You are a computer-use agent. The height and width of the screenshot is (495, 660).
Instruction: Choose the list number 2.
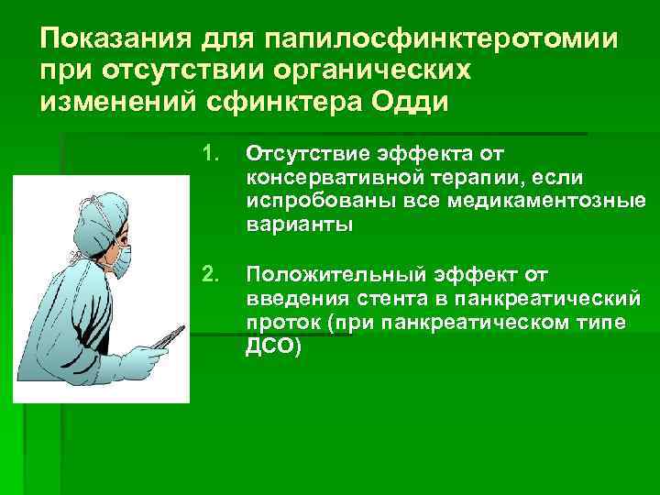pyautogui.click(x=211, y=272)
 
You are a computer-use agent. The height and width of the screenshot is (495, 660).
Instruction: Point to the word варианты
pyautogui.click(x=298, y=225)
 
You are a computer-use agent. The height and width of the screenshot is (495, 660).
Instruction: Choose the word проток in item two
pyautogui.click(x=279, y=324)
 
